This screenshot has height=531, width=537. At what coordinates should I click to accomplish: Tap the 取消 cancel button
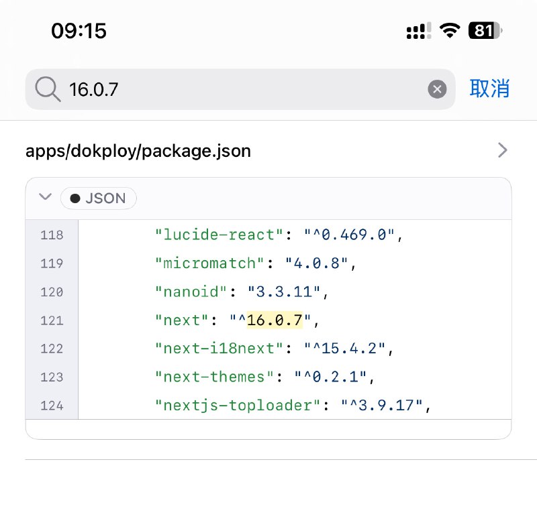tap(489, 88)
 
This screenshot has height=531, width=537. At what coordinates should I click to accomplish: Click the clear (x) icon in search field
tap(437, 89)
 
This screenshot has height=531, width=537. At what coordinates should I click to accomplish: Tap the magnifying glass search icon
tap(48, 89)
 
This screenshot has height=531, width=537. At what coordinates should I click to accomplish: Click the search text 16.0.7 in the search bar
tap(94, 89)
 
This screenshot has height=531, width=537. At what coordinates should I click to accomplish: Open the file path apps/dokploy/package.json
tap(138, 151)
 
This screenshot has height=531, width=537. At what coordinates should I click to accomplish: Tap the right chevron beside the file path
tap(502, 150)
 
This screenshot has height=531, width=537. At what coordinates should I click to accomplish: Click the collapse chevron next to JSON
tap(45, 198)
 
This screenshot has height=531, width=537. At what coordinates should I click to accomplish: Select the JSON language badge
tap(98, 198)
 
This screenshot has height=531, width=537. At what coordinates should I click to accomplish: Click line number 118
tap(52, 235)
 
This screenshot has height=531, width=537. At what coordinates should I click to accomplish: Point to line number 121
tap(52, 320)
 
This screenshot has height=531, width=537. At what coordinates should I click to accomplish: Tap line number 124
tap(52, 406)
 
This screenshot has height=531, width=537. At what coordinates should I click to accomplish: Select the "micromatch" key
tap(210, 263)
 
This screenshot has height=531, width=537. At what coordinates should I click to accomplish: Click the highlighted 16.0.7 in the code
tap(275, 320)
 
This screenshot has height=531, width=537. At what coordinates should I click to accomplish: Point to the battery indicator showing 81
tap(485, 31)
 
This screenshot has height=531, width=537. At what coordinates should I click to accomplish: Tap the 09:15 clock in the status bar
tap(79, 31)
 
